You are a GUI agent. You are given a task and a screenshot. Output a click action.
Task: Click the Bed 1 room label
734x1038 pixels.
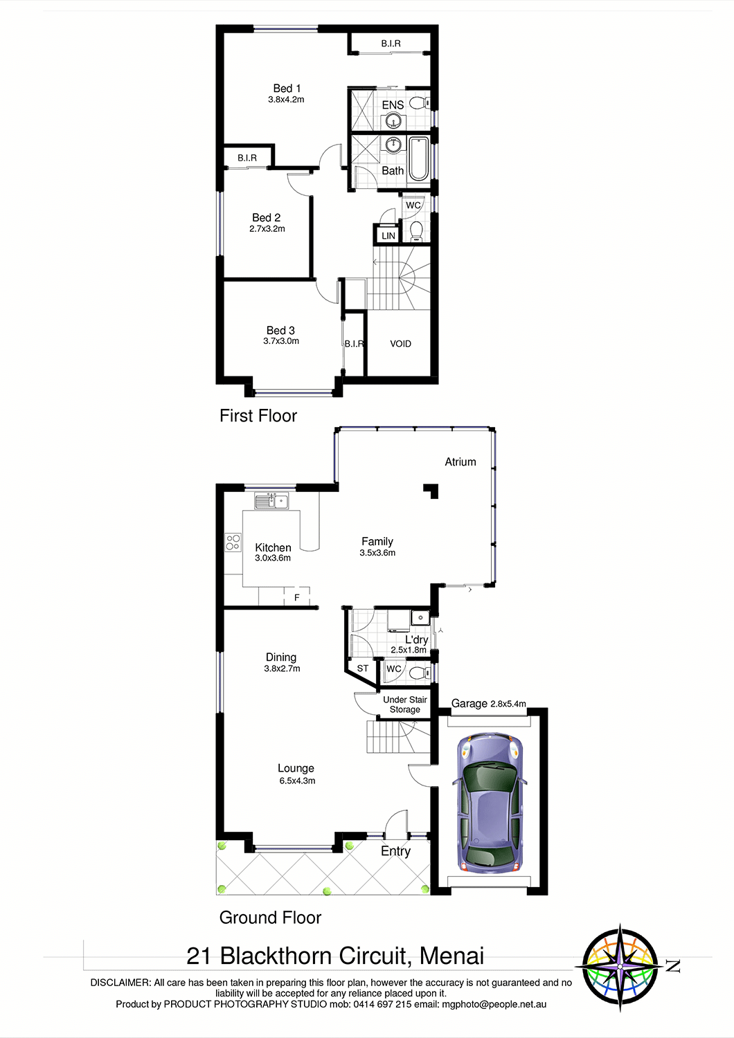click(287, 88)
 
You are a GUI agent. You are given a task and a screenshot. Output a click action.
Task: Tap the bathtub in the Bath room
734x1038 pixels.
click(419, 158)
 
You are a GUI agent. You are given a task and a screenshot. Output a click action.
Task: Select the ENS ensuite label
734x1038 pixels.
click(393, 105)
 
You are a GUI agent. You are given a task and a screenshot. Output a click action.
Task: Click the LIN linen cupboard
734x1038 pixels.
click(388, 235)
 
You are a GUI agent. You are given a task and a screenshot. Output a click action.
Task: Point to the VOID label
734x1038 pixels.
click(401, 344)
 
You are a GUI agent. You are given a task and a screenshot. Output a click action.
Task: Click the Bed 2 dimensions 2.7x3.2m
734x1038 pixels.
click(267, 228)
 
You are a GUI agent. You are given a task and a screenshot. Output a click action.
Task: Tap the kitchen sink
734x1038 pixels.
click(271, 501)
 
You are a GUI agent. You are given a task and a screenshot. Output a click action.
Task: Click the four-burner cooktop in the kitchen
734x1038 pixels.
click(233, 542)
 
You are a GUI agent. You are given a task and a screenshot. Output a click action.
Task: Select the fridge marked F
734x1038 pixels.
click(297, 597)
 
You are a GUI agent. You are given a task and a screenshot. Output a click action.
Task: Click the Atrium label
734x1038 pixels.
click(460, 462)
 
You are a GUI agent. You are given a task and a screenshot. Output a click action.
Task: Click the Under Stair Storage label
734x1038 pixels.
click(405, 704)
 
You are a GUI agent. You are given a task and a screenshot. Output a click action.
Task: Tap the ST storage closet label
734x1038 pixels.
click(363, 668)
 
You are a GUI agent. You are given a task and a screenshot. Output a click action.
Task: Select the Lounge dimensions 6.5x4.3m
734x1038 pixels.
click(297, 781)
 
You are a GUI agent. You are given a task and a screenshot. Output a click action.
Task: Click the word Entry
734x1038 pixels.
click(395, 851)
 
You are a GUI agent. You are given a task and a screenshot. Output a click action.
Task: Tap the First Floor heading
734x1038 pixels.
click(258, 416)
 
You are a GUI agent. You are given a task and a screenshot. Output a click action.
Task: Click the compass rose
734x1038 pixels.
click(620, 967)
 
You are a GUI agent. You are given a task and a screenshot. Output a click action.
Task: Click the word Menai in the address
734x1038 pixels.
click(451, 956)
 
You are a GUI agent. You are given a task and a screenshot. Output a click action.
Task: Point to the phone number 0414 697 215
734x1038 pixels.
click(382, 1004)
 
